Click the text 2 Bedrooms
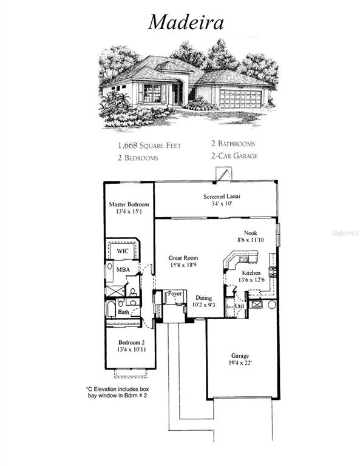[x=138, y=158]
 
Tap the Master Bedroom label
[x=128, y=204]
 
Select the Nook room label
[x=250, y=232]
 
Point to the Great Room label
[x=183, y=258]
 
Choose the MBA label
[x=123, y=269]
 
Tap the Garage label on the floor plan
[x=240, y=356]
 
